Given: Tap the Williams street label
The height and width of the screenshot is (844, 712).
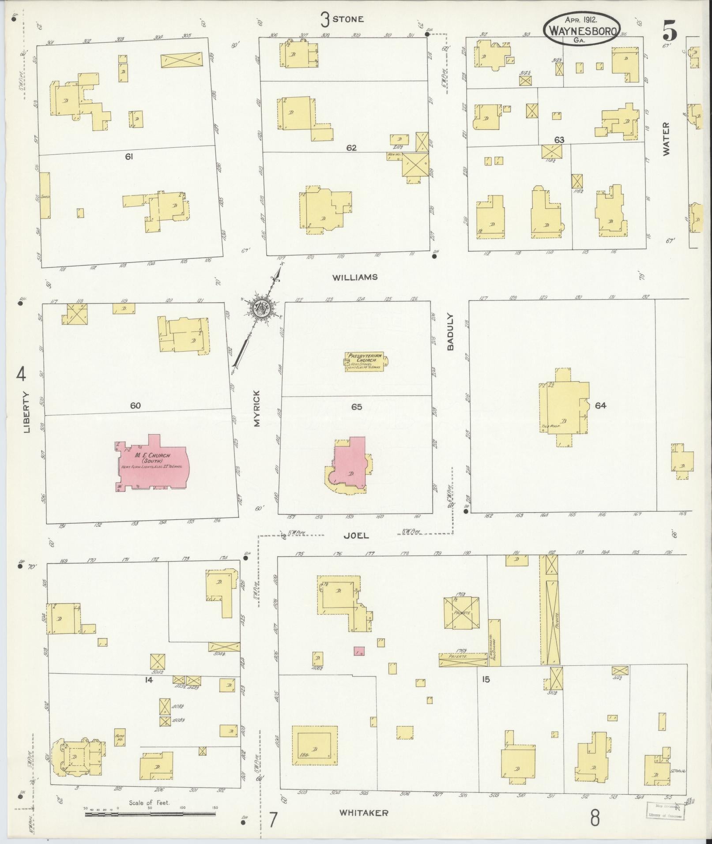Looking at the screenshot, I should tap(355, 278).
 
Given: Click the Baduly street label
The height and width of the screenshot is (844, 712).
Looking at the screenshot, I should tap(450, 332).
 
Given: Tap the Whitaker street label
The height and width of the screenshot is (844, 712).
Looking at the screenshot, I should tap(364, 813).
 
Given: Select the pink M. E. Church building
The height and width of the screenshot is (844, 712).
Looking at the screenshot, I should tap(153, 464).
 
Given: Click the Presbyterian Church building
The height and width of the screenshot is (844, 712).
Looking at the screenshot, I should tap(364, 361).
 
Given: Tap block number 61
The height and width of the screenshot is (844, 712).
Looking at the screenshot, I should tap(129, 156).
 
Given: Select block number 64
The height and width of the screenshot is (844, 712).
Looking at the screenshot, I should tap(600, 405).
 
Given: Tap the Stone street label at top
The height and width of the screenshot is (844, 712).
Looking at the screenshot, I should tap(348, 19).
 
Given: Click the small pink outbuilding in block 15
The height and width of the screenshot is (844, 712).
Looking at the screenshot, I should tap(359, 651).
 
